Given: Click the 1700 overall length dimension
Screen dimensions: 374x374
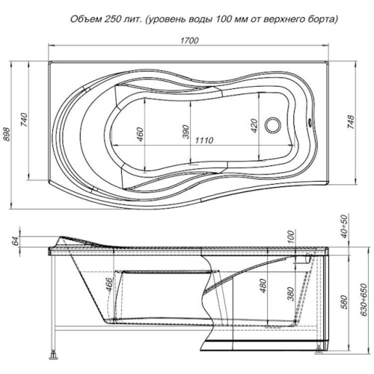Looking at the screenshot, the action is click(x=190, y=40).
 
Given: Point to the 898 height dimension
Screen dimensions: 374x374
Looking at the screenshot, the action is click(x=7, y=135).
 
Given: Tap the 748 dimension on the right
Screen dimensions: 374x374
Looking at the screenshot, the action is click(x=351, y=122).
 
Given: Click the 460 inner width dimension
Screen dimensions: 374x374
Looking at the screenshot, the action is click(x=140, y=134).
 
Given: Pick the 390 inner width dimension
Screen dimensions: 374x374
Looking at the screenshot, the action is click(x=186, y=132).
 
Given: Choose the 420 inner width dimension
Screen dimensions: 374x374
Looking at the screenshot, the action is click(x=254, y=126).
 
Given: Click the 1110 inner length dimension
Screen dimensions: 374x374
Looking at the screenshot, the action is click(x=204, y=140).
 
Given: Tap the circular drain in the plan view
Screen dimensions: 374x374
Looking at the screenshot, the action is click(x=272, y=125).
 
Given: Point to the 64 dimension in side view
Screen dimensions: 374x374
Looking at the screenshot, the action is click(x=16, y=241).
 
